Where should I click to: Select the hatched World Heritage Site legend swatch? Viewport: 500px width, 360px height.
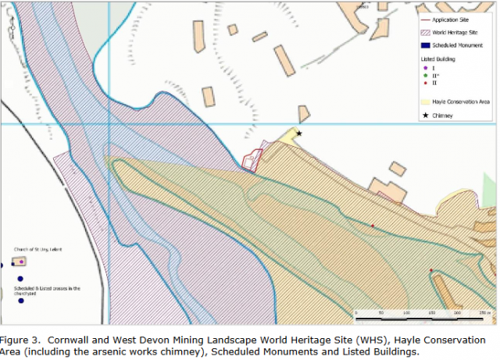(425, 32)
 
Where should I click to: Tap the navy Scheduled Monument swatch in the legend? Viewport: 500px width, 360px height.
(425, 45)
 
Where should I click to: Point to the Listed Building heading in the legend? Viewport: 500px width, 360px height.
(437, 59)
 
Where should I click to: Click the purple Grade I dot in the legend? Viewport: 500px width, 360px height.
(425, 69)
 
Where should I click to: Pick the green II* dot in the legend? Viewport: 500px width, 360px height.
(425, 76)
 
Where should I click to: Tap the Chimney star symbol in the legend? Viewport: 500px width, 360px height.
(425, 116)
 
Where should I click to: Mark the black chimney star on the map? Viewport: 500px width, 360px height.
(298, 134)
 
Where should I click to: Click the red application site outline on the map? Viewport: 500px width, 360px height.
(250, 161)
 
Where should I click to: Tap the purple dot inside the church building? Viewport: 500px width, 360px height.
(22, 262)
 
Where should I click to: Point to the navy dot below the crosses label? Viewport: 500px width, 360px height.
(22, 301)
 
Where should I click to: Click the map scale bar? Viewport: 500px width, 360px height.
(423, 313)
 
